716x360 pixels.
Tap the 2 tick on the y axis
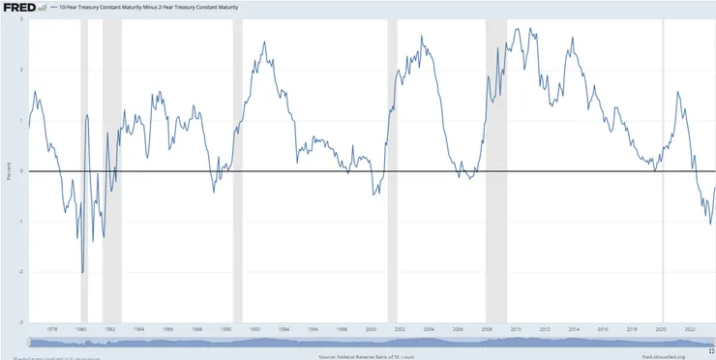[22, 70]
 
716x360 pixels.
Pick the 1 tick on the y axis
[22, 120]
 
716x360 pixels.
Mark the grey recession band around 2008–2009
[496, 145]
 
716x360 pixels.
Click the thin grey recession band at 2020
[663, 145]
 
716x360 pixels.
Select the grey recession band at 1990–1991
[237, 145]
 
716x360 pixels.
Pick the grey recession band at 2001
[392, 145]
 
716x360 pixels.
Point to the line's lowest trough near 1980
[82, 273]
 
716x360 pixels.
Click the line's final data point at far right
[715, 188]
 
